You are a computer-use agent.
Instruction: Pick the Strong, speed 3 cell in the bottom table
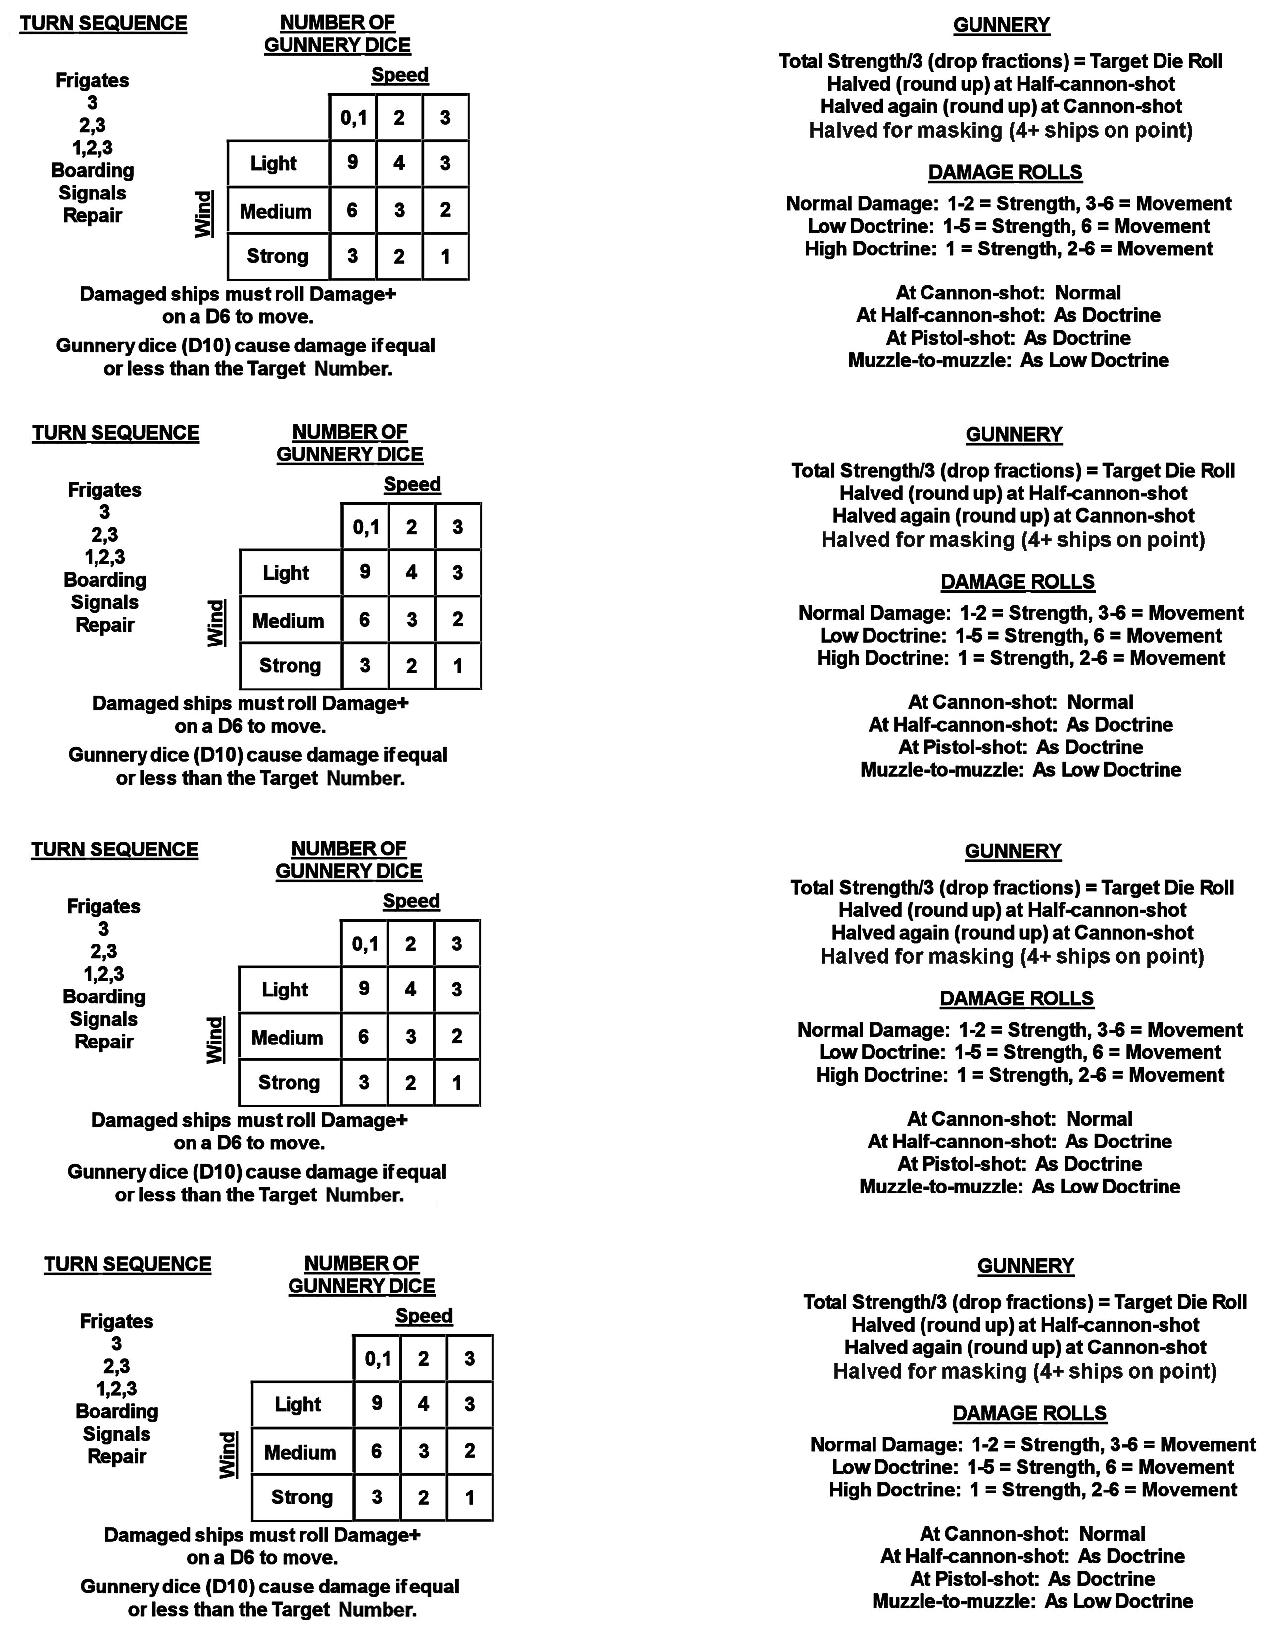point(469,1497)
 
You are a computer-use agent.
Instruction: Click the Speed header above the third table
point(411,901)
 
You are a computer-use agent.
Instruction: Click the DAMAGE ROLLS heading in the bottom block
point(1029,1413)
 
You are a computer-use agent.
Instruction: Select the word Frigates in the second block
point(104,490)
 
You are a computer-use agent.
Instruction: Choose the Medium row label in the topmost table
point(276,212)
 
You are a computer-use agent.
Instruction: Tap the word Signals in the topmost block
point(93,193)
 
